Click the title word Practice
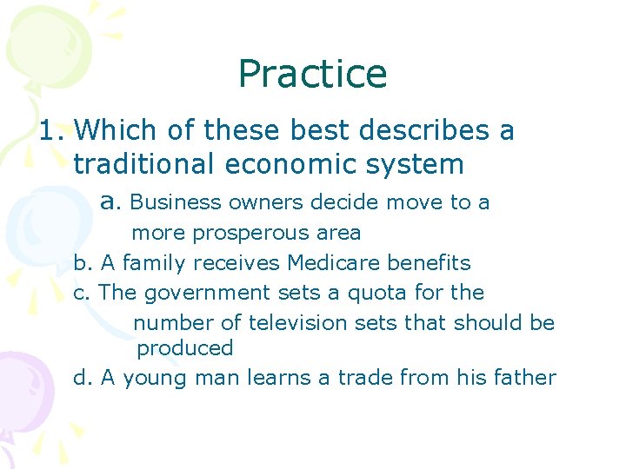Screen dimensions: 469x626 pyautogui.click(x=312, y=75)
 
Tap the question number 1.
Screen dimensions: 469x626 pyautogui.click(x=49, y=131)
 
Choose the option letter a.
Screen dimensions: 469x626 pyautogui.click(x=108, y=202)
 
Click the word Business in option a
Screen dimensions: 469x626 pyautogui.click(x=176, y=202)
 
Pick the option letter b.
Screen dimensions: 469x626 pyautogui.click(x=81, y=262)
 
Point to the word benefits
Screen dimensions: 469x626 pyautogui.click(x=430, y=262)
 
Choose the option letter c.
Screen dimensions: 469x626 pyautogui.click(x=81, y=293)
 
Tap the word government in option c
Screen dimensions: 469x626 pyautogui.click(x=208, y=294)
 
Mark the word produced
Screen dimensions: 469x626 pyautogui.click(x=185, y=348)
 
